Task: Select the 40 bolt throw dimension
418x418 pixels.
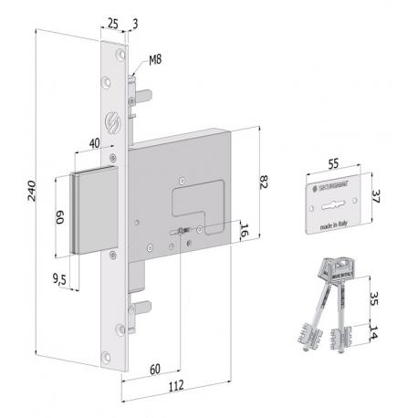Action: (94, 143)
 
